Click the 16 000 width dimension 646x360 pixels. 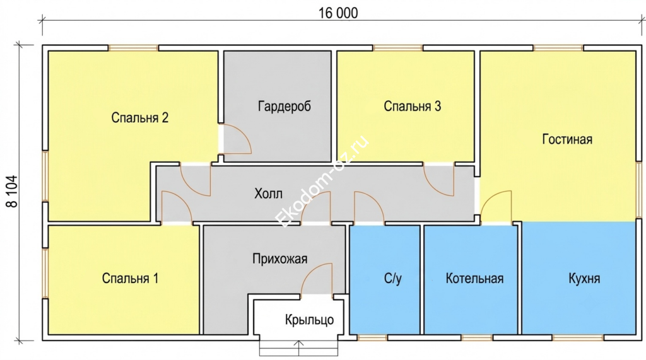click(x=338, y=13)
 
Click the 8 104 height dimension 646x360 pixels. click(x=13, y=192)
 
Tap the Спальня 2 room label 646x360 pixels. click(x=139, y=118)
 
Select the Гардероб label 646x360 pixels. click(x=285, y=107)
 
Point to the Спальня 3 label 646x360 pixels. click(x=413, y=107)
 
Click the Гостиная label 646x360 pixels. click(x=567, y=139)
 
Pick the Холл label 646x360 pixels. click(x=268, y=193)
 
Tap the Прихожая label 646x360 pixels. click(x=279, y=258)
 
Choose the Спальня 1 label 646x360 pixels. click(x=130, y=279)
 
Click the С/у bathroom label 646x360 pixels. click(x=392, y=279)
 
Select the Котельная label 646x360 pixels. click(x=474, y=279)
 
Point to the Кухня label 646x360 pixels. click(x=584, y=279)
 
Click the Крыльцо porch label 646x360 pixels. click(x=309, y=320)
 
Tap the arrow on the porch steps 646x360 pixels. click(x=298, y=348)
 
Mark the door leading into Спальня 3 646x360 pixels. click(x=439, y=180)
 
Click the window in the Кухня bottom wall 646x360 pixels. click(x=578, y=338)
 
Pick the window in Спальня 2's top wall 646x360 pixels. click(x=134, y=48)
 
